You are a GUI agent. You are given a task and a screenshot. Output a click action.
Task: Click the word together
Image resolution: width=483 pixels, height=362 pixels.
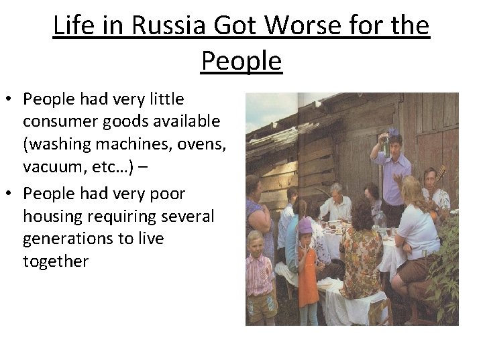click(55, 261)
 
